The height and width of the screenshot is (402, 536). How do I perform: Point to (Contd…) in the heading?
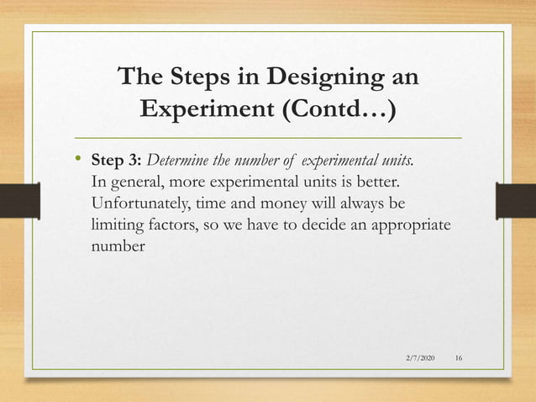pos(344,110)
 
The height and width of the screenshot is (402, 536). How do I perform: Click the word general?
pos(136,183)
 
